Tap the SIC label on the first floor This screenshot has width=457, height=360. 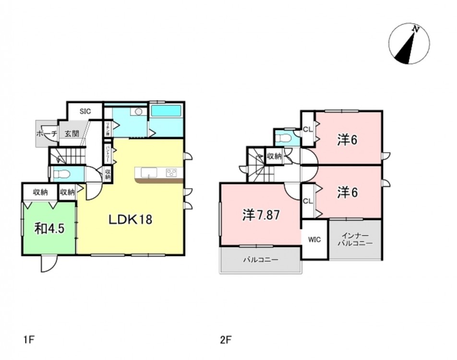click(85, 111)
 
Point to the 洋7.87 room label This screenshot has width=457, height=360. click(261, 216)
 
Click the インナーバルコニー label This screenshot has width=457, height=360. click(355, 240)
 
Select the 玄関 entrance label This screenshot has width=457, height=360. click(72, 134)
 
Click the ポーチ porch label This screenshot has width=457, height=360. click(47, 134)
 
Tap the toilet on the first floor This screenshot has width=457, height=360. click(63, 174)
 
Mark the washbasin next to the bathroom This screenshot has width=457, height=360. click(139, 112)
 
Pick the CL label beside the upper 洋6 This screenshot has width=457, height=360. click(308, 129)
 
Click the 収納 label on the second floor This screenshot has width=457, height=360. click(274, 156)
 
